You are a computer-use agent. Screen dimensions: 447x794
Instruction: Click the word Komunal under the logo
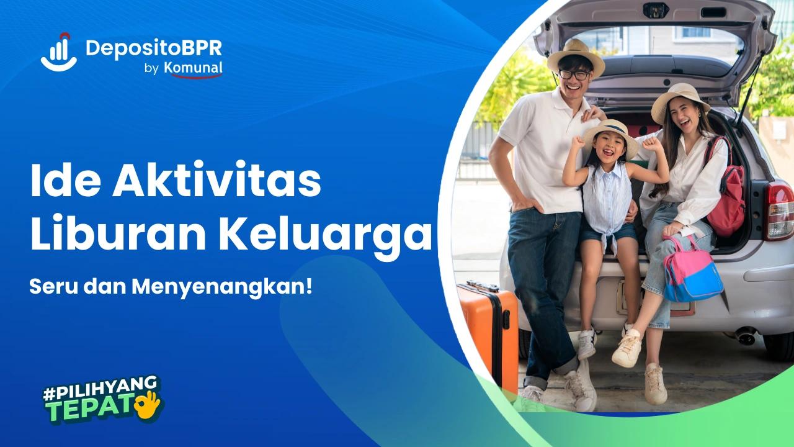point(193,68)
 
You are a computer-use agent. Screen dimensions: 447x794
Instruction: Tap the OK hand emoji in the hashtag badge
point(149,404)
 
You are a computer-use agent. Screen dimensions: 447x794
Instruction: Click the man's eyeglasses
point(574,74)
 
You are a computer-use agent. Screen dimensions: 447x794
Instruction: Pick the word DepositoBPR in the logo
point(153,48)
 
